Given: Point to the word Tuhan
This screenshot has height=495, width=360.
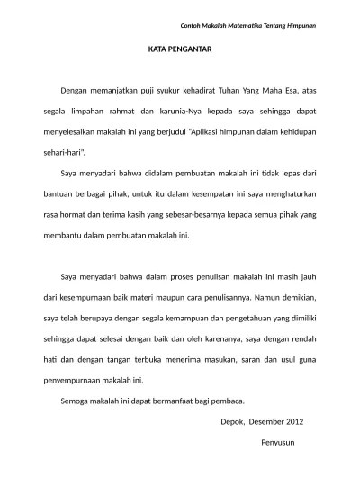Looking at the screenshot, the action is tap(235, 91).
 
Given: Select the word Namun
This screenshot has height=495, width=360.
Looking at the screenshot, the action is tap(254, 296).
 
